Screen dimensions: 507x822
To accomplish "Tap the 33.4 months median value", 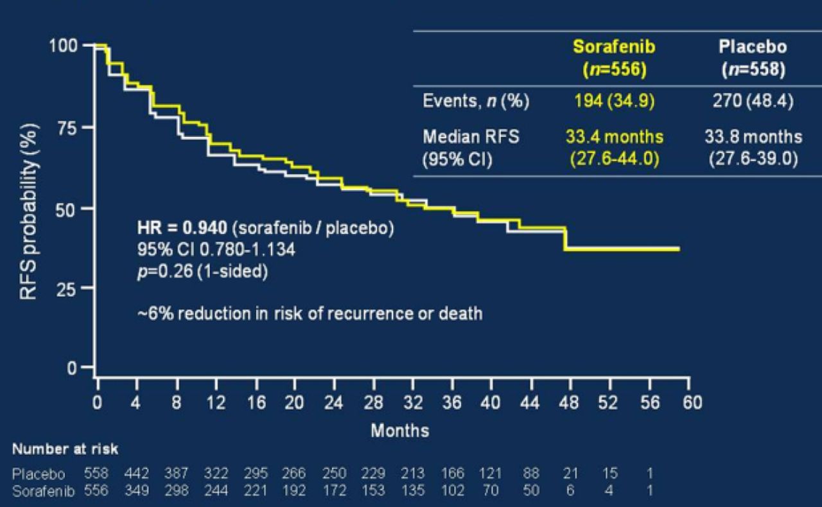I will pyautogui.click(x=615, y=137).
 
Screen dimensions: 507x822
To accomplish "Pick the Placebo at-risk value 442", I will pyautogui.click(x=137, y=474).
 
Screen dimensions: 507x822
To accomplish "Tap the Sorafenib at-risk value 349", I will pyautogui.click(x=137, y=491).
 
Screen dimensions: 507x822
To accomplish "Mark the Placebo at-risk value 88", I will pyautogui.click(x=530, y=474).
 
